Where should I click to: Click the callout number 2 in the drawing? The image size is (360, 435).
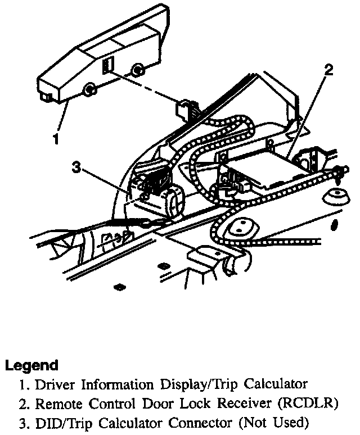328,70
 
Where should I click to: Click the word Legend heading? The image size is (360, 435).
31,366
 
